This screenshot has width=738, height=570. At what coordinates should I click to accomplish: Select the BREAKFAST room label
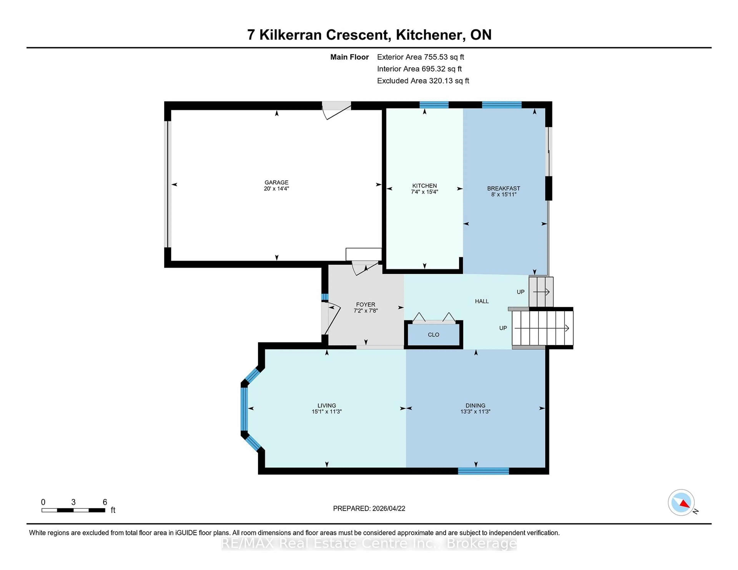click(x=503, y=188)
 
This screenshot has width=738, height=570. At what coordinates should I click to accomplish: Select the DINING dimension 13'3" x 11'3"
click(x=475, y=412)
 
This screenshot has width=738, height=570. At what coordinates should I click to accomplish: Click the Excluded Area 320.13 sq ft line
click(x=423, y=81)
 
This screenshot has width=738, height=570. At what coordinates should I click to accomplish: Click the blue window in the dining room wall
click(x=483, y=471)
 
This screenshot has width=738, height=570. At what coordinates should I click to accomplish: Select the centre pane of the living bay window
click(x=244, y=409)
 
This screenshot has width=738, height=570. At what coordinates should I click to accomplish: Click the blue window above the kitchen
click(x=434, y=105)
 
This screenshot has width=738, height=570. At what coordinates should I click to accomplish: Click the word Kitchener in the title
click(x=428, y=35)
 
